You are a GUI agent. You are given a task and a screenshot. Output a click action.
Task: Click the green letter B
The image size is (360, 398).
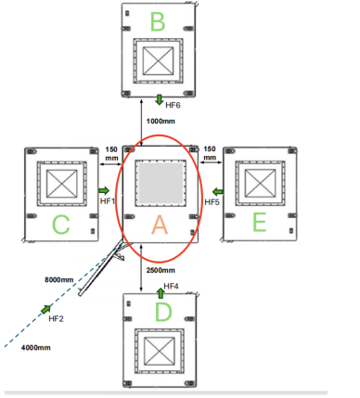[x=158, y=21]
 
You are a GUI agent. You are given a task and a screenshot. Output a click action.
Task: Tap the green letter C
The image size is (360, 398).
[x=61, y=225]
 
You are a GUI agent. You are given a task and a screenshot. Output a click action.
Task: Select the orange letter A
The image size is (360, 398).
[x=160, y=225]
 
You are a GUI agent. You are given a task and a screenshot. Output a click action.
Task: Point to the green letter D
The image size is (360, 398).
[x=163, y=312]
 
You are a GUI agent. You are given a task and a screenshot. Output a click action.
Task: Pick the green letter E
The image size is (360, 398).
[x=260, y=223]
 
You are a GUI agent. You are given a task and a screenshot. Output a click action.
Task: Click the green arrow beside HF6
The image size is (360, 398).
[x=160, y=100]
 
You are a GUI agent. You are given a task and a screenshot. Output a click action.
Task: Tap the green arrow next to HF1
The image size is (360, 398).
[x=104, y=190]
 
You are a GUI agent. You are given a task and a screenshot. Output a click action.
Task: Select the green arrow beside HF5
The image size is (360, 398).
[x=218, y=191]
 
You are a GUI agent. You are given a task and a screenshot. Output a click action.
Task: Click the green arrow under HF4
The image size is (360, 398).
[x=161, y=293]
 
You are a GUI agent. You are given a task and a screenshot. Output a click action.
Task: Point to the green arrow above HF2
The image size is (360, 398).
[x=46, y=309]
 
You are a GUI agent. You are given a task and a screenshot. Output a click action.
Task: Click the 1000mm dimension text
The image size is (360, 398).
[x=161, y=122]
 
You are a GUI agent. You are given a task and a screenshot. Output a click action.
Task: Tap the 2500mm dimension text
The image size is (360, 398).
[x=161, y=270]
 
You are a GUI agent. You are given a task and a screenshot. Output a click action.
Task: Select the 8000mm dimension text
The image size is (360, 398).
[x=59, y=280]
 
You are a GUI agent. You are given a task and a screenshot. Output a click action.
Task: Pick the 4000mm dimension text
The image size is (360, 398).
[x=36, y=348]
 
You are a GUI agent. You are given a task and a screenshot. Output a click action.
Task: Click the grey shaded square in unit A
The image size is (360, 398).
[x=161, y=183]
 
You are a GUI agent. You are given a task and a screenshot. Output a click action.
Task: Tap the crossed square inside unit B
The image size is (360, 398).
[x=158, y=60]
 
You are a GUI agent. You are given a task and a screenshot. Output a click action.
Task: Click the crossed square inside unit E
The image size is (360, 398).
[x=260, y=183]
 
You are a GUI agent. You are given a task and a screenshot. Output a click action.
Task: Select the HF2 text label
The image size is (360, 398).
[x=56, y=319]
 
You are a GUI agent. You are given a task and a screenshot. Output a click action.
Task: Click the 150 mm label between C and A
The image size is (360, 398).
[x=111, y=154]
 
